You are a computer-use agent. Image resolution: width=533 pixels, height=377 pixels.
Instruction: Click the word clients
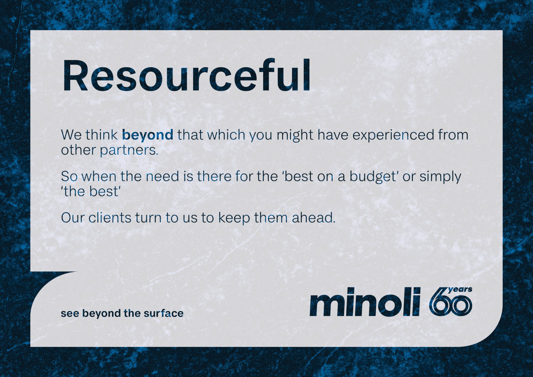tap(110, 218)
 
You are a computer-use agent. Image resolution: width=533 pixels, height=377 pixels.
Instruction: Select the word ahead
tap(314, 218)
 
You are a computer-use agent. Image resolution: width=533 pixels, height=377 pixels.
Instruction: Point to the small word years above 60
tap(460, 289)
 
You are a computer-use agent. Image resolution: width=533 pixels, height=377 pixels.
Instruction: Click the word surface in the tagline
tap(164, 313)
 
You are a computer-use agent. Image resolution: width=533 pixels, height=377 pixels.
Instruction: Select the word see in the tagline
tap(70, 313)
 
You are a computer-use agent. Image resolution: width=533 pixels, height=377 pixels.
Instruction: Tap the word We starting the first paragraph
tap(71, 135)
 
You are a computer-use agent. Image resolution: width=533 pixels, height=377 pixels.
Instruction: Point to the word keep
tap(234, 218)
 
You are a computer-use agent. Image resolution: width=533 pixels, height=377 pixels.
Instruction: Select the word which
tap(226, 135)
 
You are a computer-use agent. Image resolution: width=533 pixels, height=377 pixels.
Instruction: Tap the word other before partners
tap(78, 150)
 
